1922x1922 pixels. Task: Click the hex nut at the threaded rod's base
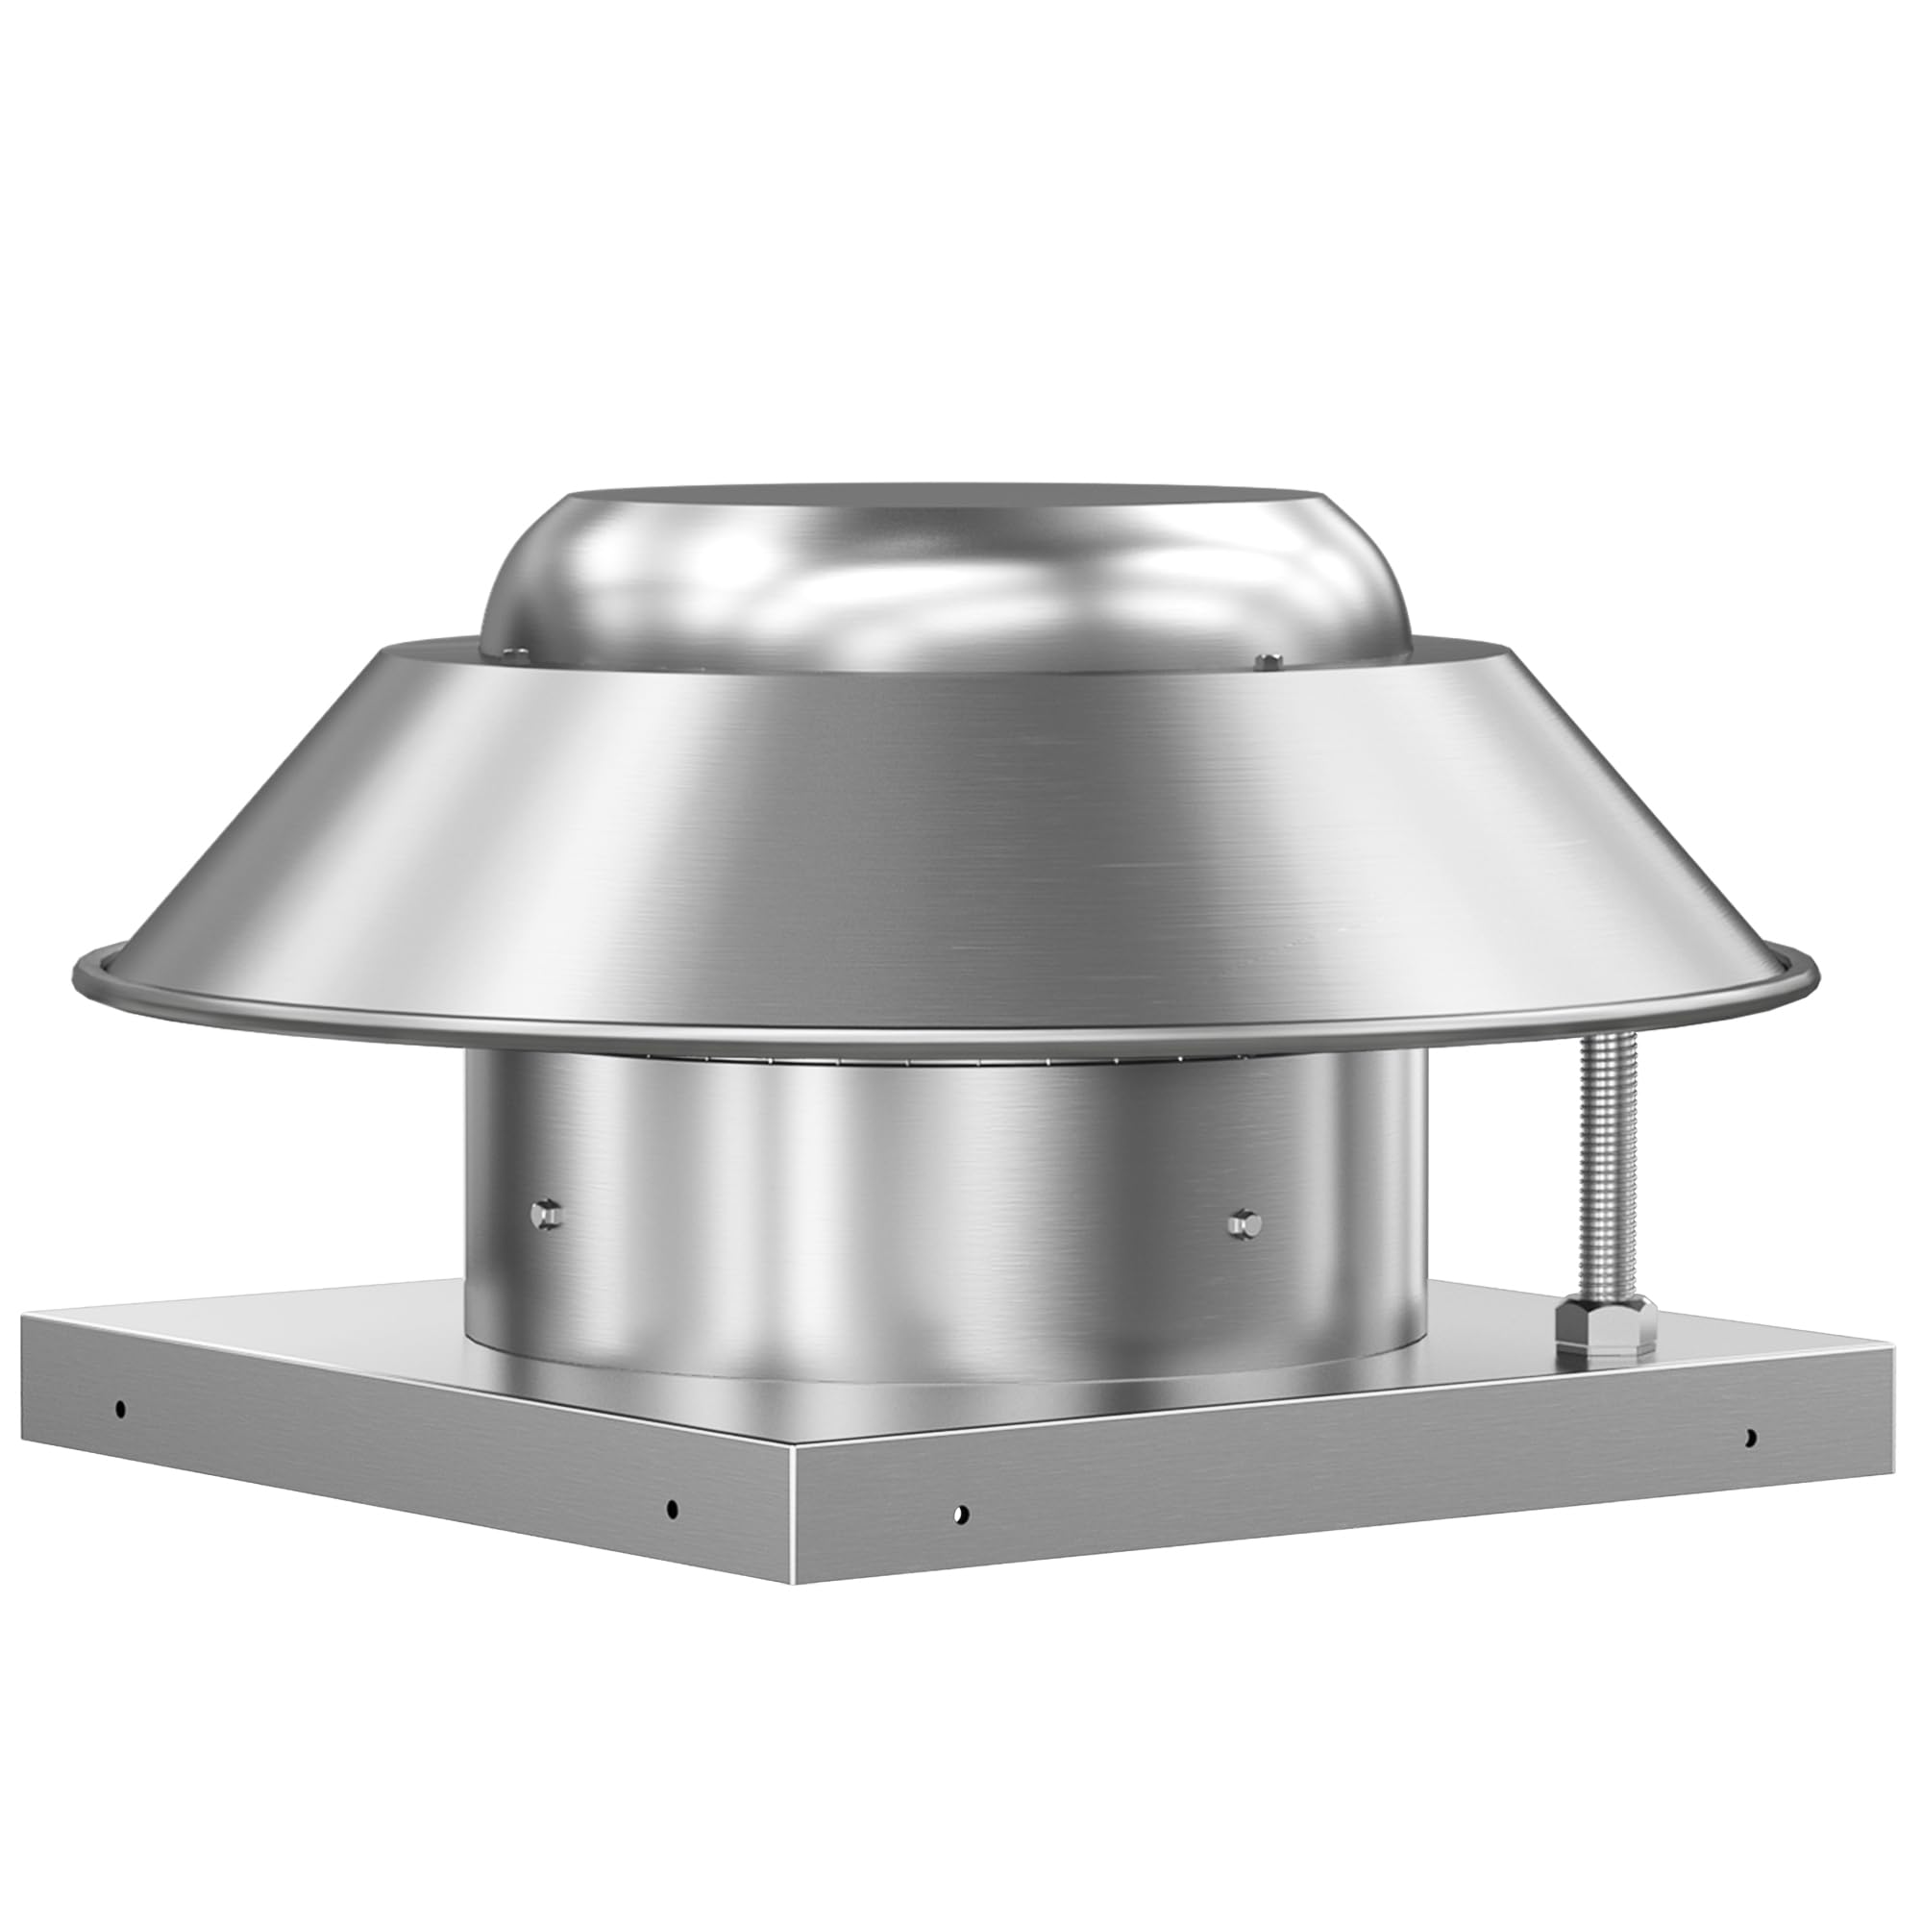(x=1605, y=1320)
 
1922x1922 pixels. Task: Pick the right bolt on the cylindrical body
(x=1244, y=1222)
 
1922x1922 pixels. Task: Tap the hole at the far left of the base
(x=120, y=1408)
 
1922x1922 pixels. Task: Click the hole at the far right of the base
(x=1750, y=1437)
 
